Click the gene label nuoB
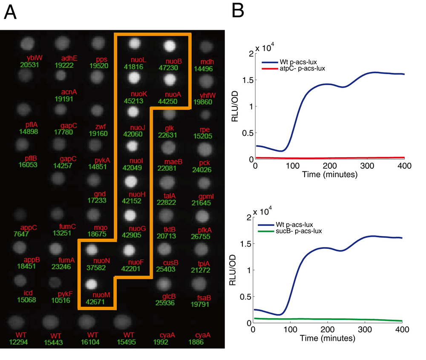[173, 61]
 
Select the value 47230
[170, 68]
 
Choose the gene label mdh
[207, 62]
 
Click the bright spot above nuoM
[91, 283]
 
